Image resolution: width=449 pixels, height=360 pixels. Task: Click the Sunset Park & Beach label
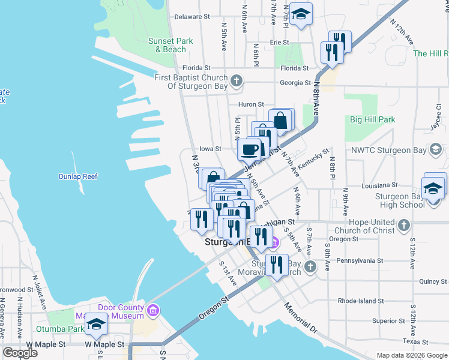[x=170, y=45]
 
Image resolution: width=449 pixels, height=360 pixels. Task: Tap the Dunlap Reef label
[x=77, y=176]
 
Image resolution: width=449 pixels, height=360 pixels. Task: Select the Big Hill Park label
[x=373, y=119]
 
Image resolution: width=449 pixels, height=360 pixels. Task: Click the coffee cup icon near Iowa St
[x=249, y=148]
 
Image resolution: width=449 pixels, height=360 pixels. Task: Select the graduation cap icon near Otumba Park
[x=95, y=325]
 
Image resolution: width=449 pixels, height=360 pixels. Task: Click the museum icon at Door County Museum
[x=153, y=311]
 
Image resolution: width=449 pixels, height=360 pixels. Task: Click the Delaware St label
[x=191, y=17]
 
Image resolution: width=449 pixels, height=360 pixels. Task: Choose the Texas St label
[x=417, y=341]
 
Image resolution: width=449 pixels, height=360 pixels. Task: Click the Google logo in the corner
[x=20, y=353]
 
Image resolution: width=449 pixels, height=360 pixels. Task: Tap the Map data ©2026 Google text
[x=411, y=355]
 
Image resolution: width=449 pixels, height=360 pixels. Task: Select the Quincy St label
[x=433, y=281]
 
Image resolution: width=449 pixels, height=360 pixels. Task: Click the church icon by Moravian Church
[x=310, y=266]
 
